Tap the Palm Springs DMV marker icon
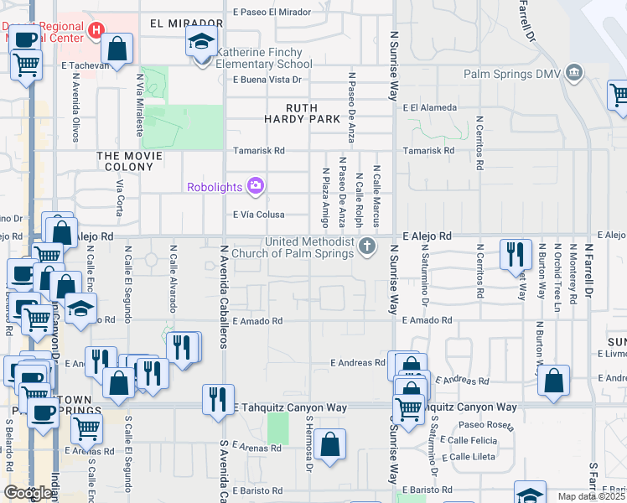(574, 73)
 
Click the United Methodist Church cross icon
(366, 246)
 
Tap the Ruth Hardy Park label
(314, 113)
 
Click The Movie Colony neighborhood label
(130, 161)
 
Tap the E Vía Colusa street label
(265, 215)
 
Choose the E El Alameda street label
(429, 107)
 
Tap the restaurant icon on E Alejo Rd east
(515, 254)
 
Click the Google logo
(28, 493)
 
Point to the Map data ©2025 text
(592, 496)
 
